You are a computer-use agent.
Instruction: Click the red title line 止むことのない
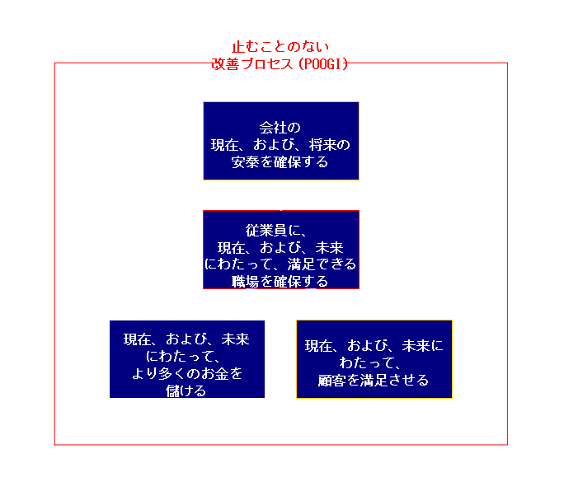[x=280, y=47]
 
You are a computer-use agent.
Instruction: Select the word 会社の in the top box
[x=280, y=127]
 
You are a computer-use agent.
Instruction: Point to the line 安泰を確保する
[x=280, y=162]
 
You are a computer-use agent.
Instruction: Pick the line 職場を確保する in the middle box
[x=280, y=282]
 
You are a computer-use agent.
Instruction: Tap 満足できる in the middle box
[x=322, y=264]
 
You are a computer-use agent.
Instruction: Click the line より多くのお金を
[x=187, y=373]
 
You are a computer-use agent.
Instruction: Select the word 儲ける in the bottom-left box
[x=186, y=390]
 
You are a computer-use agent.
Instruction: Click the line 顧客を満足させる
[x=374, y=380]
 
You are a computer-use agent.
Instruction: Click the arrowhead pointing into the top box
[x=281, y=185]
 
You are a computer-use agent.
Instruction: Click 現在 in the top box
[x=224, y=145]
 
